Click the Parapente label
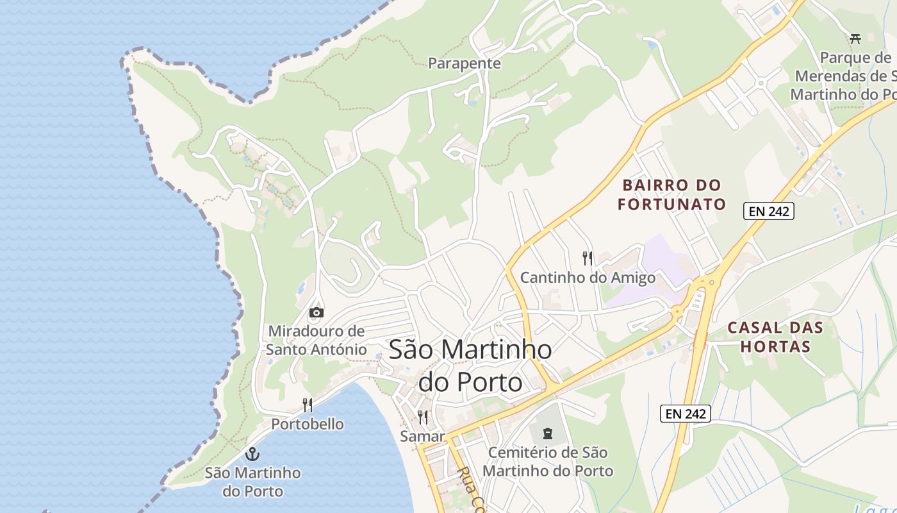(464, 63)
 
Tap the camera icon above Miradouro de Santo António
(316, 312)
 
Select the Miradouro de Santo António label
(316, 341)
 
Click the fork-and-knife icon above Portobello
(308, 405)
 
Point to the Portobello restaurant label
(308, 425)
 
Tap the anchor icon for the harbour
(253, 454)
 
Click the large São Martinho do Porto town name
(470, 366)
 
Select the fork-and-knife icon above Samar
(423, 417)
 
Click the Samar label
(422, 437)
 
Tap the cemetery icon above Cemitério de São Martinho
(548, 433)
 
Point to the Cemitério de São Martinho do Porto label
(548, 462)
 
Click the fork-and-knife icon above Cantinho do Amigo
(588, 258)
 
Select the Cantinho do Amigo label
(588, 278)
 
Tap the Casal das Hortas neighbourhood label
(775, 337)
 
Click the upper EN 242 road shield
(768, 211)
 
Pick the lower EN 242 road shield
(685, 414)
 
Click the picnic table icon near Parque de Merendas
(855, 38)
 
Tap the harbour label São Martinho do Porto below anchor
(253, 482)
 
